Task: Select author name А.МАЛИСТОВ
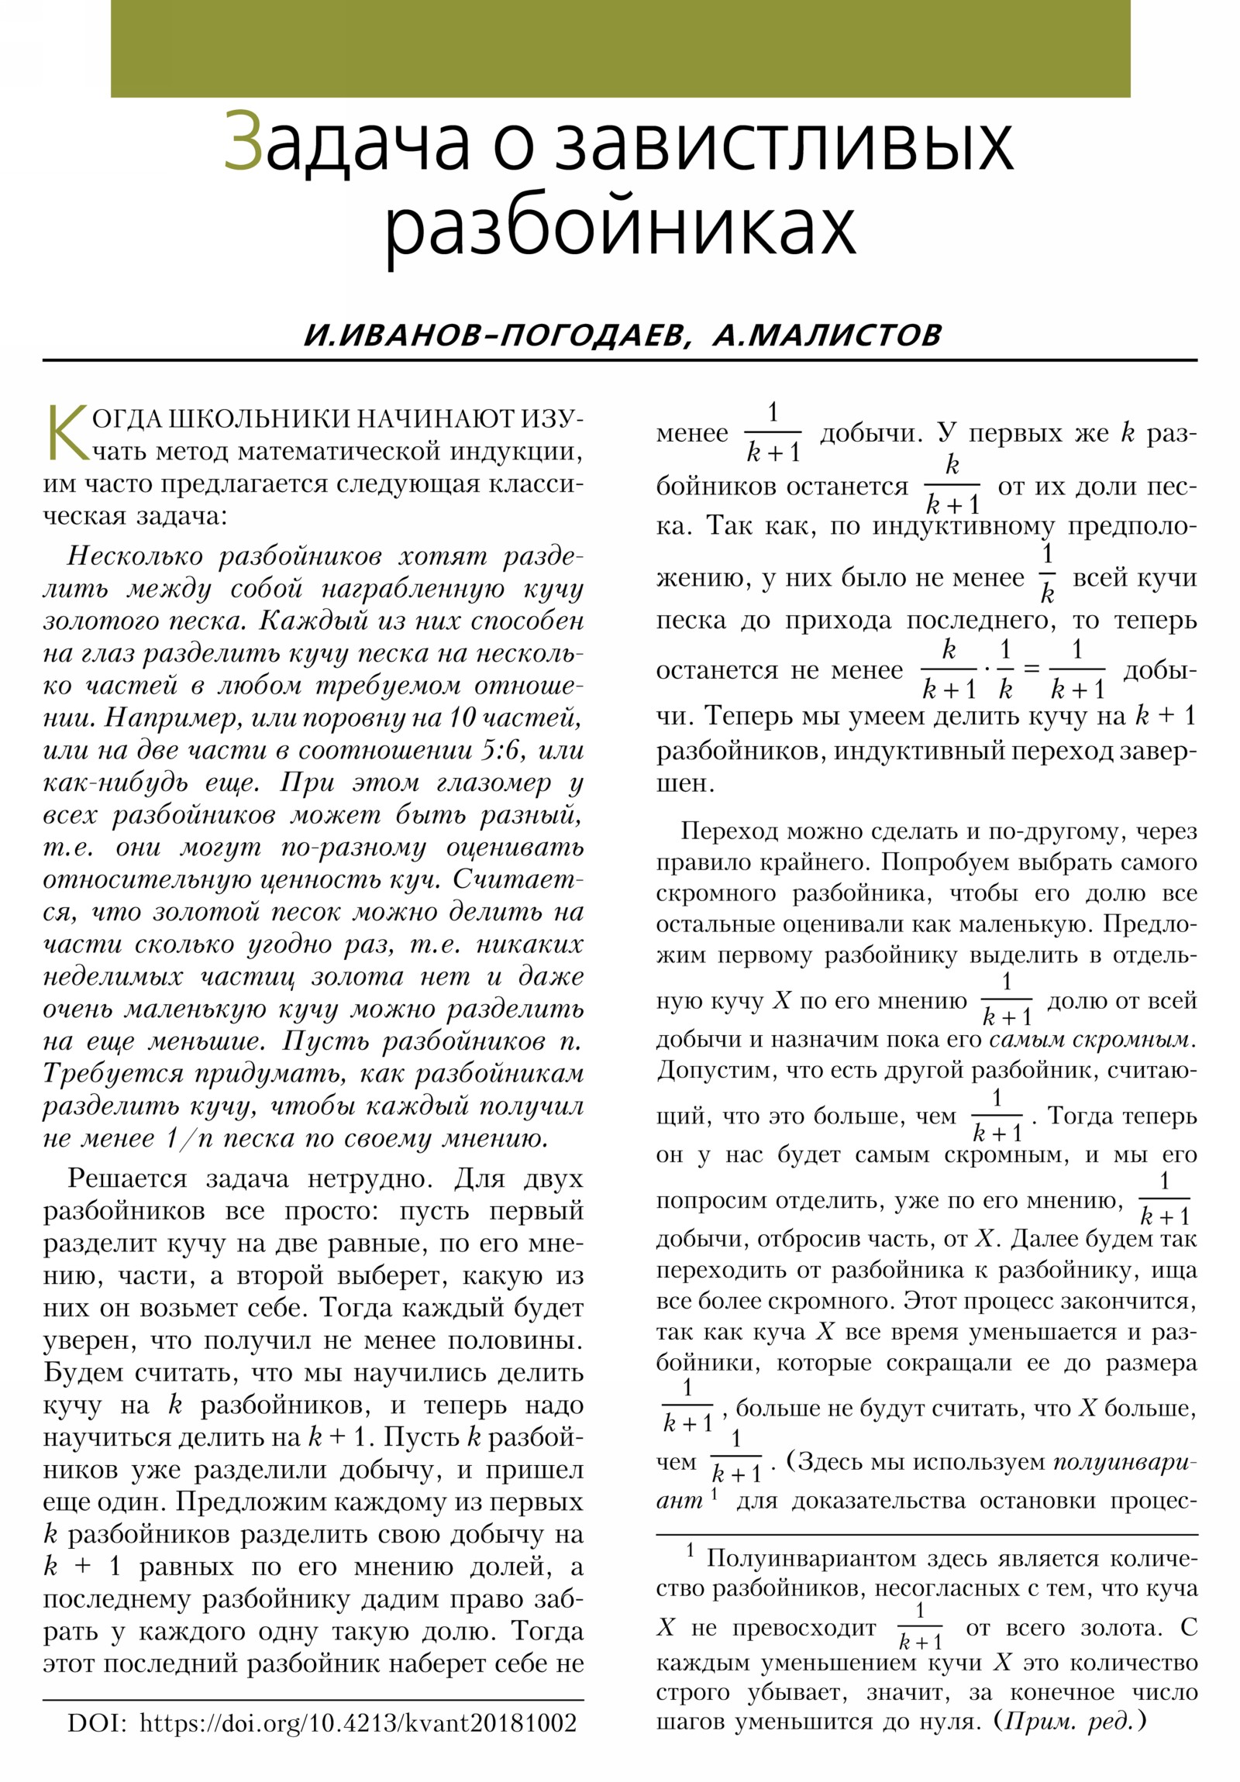tap(826, 335)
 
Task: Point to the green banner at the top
tap(619, 48)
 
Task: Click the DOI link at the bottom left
tap(358, 1724)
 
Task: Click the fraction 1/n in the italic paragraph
tap(184, 1139)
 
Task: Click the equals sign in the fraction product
tap(1031, 668)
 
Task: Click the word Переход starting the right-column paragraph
tap(726, 831)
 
